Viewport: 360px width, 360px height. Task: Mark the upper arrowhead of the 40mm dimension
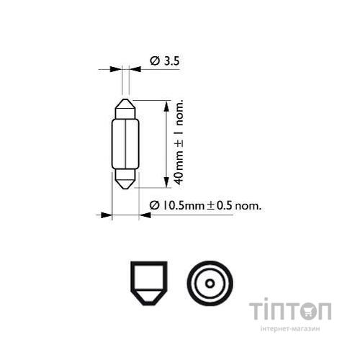(x=167, y=105)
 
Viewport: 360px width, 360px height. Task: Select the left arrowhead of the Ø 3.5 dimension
(x=116, y=70)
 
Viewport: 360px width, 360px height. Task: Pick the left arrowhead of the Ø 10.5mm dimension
(x=107, y=214)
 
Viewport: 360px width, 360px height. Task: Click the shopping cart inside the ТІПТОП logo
(x=305, y=311)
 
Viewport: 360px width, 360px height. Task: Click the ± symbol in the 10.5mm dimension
(x=212, y=206)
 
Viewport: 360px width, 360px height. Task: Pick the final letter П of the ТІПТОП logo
(x=325, y=311)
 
